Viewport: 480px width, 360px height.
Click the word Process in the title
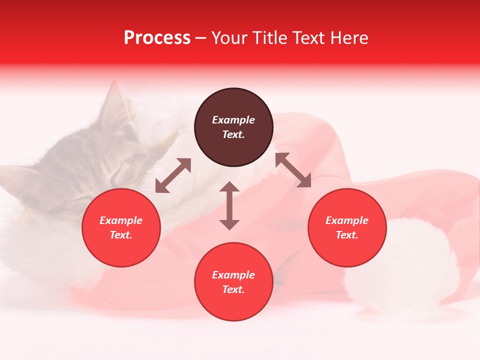click(157, 38)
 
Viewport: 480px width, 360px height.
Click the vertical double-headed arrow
click(229, 205)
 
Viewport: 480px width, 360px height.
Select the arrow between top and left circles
click(173, 175)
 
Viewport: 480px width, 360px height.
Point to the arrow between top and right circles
click(293, 170)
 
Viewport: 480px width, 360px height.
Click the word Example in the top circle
click(233, 120)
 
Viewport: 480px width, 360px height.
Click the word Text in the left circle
click(121, 235)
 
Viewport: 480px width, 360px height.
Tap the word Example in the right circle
click(347, 220)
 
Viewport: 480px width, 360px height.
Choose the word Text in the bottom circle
click(233, 289)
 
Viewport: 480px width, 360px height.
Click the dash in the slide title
click(201, 38)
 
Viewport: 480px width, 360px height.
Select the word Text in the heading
click(308, 38)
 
